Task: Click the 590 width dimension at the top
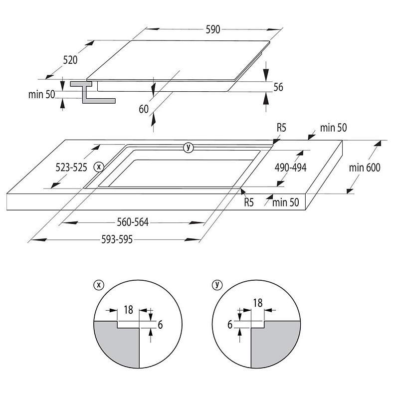click(213, 29)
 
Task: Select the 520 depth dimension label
click(70, 60)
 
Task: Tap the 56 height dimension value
click(278, 87)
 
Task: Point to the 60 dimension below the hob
click(144, 109)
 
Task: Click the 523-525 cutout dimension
click(71, 168)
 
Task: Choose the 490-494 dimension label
click(290, 168)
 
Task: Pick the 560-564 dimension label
click(133, 222)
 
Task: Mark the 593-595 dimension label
click(117, 239)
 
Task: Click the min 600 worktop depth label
click(365, 168)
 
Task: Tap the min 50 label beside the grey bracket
click(41, 94)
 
